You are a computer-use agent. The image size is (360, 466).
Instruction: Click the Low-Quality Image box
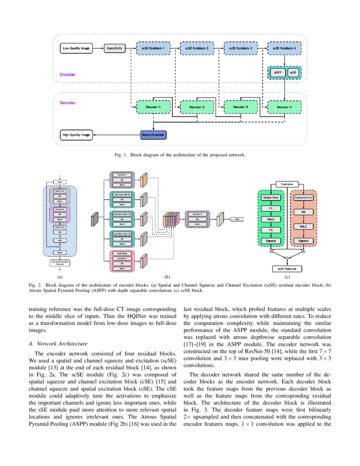pos(76,49)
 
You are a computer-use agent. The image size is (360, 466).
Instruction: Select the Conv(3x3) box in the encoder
pos(115,49)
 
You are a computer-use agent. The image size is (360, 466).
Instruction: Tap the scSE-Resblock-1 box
pos(153,49)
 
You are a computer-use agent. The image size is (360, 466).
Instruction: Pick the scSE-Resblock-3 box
pos(240,49)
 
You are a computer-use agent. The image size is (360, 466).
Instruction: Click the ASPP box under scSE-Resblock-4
pos(278,72)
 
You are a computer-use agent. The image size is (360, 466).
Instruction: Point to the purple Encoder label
pos(68,75)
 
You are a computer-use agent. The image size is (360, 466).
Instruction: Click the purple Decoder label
pos(68,102)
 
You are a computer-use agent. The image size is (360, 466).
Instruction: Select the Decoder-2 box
pos(197,107)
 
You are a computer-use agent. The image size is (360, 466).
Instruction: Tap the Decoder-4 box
pos(284,107)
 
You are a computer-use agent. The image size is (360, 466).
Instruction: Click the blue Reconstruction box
pos(153,135)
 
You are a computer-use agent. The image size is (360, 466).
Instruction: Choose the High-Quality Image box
pos(76,135)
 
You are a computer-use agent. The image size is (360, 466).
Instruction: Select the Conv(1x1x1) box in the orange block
pos(303,197)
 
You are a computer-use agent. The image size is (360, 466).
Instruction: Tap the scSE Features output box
pos(287,269)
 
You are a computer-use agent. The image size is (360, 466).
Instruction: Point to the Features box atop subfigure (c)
pos(287,184)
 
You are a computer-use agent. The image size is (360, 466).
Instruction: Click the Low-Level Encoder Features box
pos(60,263)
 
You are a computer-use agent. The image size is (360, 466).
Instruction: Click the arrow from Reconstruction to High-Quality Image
pos(116,135)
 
